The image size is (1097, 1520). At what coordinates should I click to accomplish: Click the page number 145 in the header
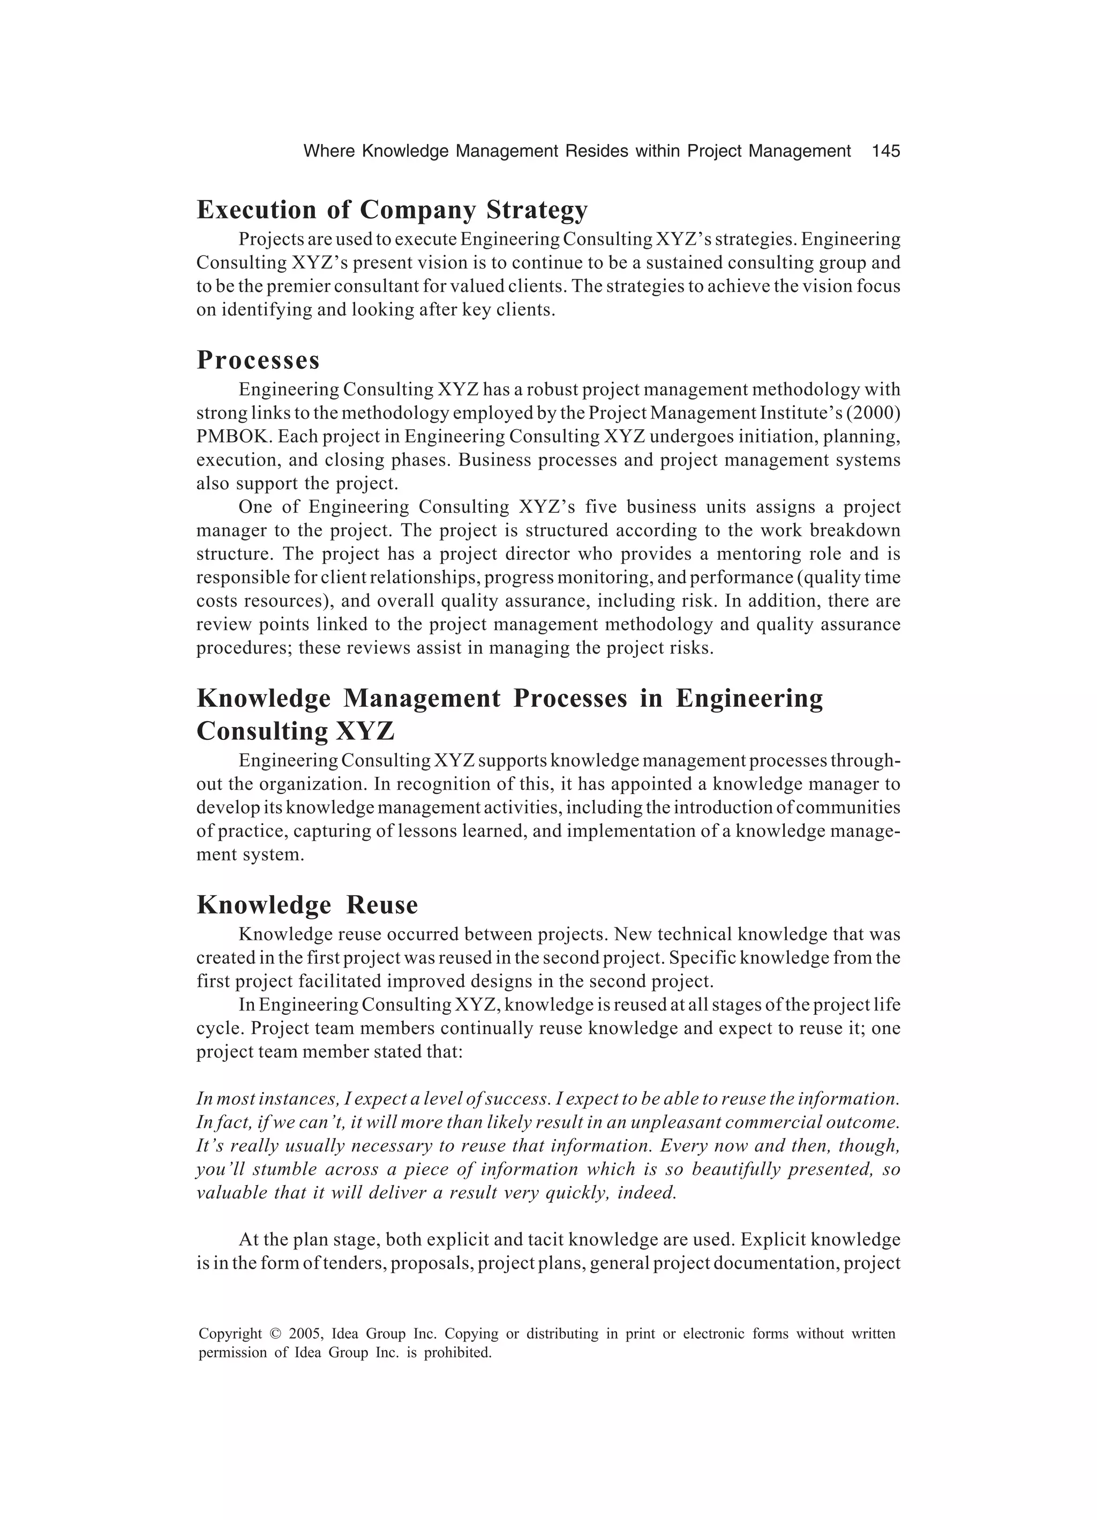click(x=885, y=152)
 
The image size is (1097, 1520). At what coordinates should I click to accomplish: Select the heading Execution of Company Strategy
click(x=392, y=210)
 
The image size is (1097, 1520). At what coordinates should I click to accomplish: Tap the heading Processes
click(x=258, y=361)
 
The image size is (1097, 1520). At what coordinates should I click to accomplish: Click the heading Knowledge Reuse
click(x=307, y=905)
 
